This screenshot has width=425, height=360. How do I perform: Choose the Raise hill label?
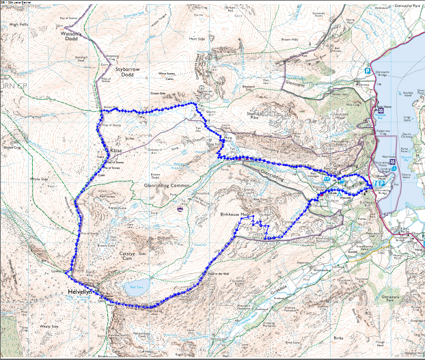coord(115,151)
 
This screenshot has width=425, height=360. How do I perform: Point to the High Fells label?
coord(20,24)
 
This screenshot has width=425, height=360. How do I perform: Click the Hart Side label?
coord(197,39)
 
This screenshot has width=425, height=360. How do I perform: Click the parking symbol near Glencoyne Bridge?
coord(367,70)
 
